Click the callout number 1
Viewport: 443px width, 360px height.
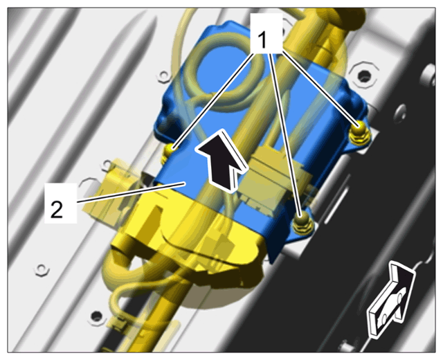[x=262, y=39]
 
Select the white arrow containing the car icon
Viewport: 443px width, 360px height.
[x=390, y=300]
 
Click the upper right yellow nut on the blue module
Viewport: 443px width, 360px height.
[x=359, y=132]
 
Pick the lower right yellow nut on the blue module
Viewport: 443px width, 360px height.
[x=302, y=223]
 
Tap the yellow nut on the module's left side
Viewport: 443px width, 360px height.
[x=168, y=152]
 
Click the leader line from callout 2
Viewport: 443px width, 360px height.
[x=131, y=193]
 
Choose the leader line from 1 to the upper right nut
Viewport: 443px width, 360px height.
[x=320, y=89]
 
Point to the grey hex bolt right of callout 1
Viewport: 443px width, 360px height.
[x=363, y=75]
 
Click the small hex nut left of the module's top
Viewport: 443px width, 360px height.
[x=164, y=77]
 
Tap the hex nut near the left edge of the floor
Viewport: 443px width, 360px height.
[x=42, y=270]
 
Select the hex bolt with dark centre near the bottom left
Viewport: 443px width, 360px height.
[x=97, y=316]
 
